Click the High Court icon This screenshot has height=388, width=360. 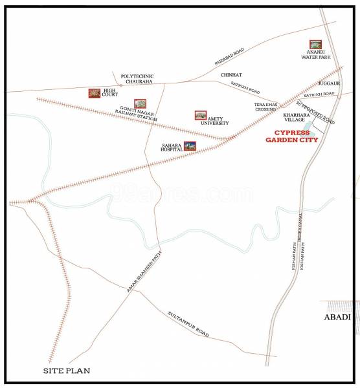(95, 92)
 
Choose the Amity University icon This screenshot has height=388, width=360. (200, 115)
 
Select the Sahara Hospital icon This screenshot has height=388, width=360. (190, 145)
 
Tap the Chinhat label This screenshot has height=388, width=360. (231, 75)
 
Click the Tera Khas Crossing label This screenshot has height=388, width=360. (265, 107)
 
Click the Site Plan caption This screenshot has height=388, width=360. (67, 370)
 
